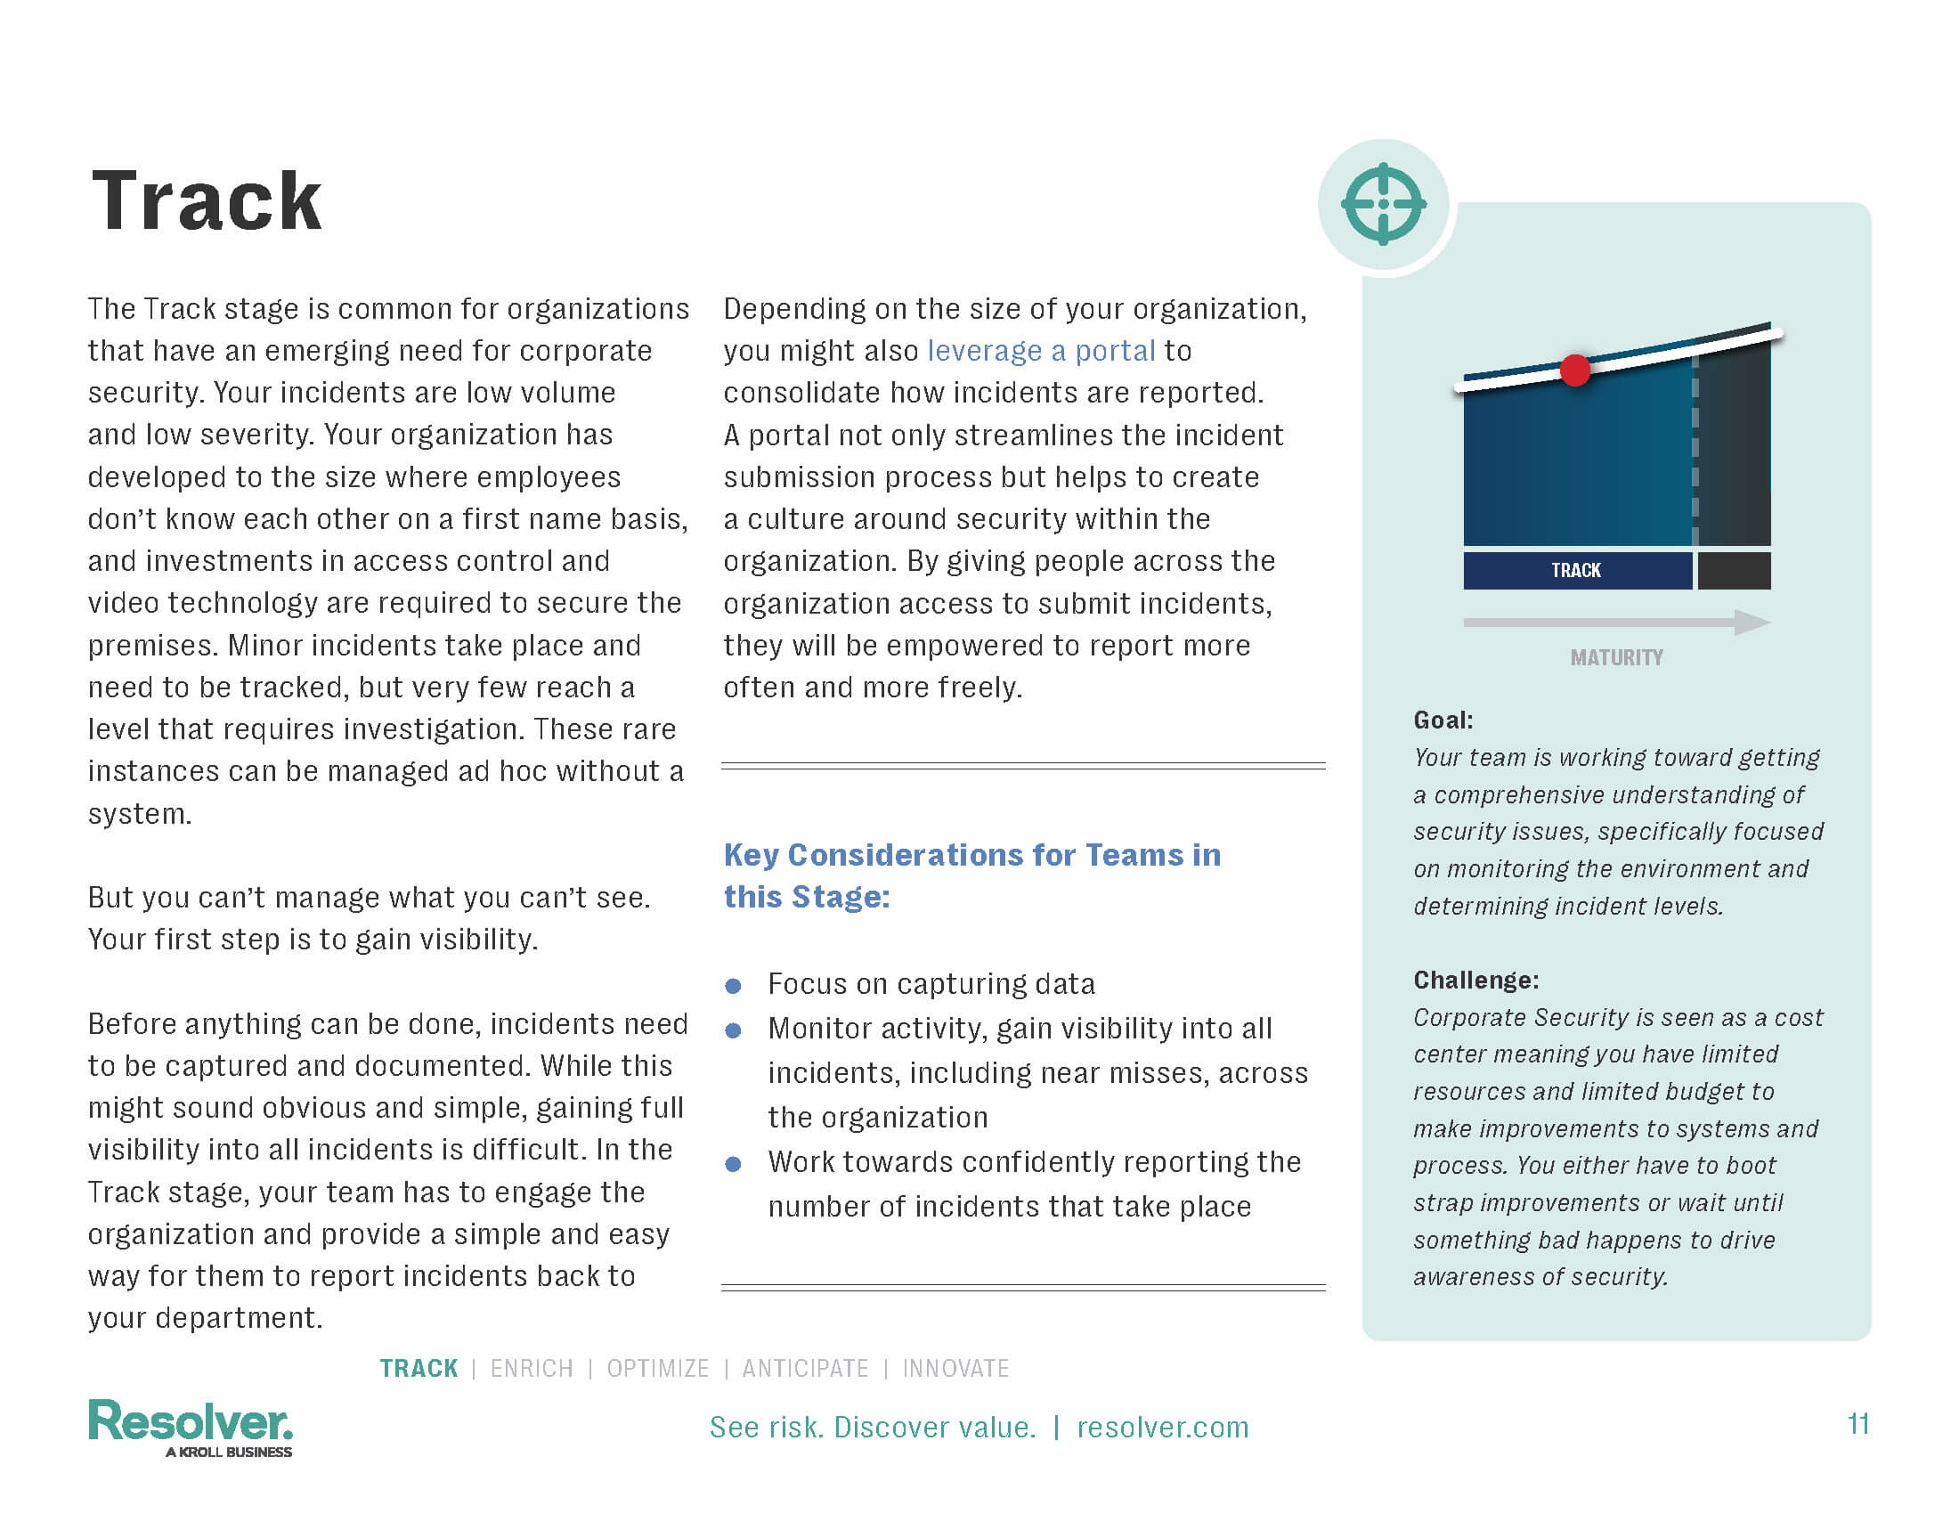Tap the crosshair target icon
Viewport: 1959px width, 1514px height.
pos(1383,204)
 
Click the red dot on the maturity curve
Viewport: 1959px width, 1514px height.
pos(1575,370)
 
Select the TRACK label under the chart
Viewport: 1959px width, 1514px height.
pos(1576,571)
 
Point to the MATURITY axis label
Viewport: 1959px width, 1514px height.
pos(1616,657)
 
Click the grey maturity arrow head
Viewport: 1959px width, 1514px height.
pos(1751,622)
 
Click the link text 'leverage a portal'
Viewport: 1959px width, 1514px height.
pos(1040,351)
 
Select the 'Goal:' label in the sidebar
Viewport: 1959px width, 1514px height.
pos(1443,720)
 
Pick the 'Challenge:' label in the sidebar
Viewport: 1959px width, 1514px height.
pos(1475,981)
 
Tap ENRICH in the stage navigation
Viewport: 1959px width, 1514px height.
pos(531,1369)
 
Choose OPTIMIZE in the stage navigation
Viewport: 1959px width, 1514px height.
pos(657,1369)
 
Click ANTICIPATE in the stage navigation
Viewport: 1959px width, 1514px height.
pos(805,1369)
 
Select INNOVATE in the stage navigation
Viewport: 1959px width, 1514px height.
pos(955,1369)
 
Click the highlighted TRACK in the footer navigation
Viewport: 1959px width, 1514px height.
pos(419,1369)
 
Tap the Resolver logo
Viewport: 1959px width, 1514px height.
pos(191,1426)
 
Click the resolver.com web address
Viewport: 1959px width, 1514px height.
pos(1162,1427)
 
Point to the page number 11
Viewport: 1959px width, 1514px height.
pos(1857,1424)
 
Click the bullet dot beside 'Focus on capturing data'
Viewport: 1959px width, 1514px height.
pos(733,987)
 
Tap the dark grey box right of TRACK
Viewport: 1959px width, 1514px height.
pos(1734,571)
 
